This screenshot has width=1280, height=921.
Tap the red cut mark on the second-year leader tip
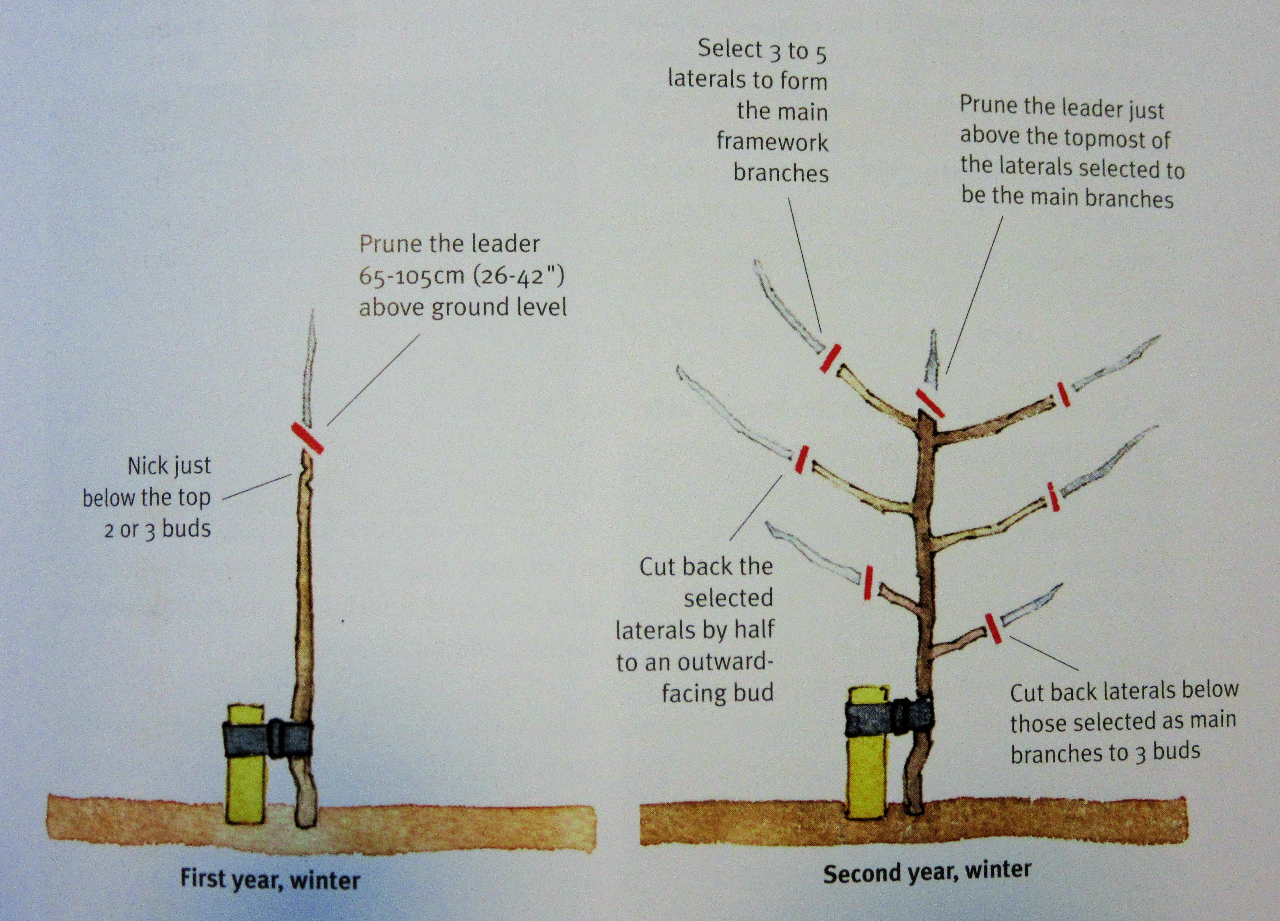(930, 403)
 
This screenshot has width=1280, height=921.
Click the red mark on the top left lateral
(831, 358)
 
